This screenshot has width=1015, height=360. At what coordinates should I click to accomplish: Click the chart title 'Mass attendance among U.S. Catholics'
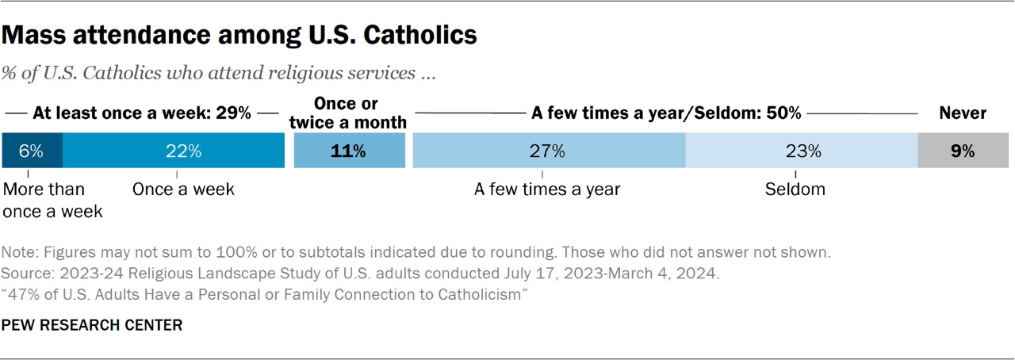click(239, 36)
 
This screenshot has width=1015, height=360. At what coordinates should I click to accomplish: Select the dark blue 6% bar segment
click(32, 151)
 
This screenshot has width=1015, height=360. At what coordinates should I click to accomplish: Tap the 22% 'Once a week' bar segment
click(173, 151)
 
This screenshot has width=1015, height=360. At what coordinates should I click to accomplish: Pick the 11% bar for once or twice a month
click(349, 151)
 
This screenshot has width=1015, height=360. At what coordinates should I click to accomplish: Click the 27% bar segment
click(548, 151)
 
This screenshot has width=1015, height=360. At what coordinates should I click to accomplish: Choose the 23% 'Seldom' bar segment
click(801, 151)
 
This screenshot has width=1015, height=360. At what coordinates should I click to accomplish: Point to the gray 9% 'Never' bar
click(963, 151)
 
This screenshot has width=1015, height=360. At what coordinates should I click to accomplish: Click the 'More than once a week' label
click(54, 201)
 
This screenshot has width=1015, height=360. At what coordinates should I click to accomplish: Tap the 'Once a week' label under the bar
click(183, 190)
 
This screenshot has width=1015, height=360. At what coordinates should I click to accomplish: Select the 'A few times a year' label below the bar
click(547, 190)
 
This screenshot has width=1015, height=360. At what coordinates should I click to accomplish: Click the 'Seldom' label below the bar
click(795, 190)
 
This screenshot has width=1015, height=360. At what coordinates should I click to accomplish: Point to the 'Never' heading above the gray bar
click(963, 113)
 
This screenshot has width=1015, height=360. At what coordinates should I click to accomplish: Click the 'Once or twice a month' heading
click(347, 113)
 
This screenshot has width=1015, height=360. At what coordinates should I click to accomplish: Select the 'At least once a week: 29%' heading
click(142, 113)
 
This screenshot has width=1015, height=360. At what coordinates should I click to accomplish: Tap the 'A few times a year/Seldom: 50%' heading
click(666, 113)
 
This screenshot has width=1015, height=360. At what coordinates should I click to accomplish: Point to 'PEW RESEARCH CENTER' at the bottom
click(92, 325)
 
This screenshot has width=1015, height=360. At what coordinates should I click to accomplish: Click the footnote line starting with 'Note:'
click(416, 254)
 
